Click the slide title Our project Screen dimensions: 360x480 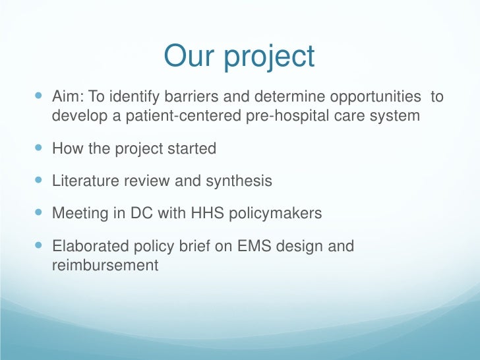239,57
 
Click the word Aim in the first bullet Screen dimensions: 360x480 65,98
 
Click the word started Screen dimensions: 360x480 191,148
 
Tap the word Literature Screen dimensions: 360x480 82,181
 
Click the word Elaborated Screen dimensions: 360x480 86,247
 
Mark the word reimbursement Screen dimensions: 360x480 105,265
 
